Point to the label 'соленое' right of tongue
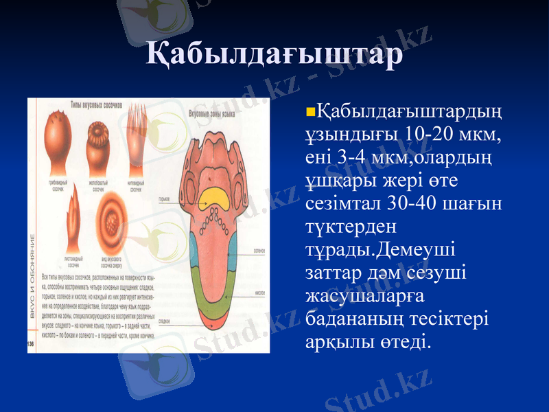click(x=260, y=251)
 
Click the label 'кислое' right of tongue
click(x=260, y=291)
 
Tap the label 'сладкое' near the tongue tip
click(x=164, y=320)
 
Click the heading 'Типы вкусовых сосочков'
click(x=97, y=106)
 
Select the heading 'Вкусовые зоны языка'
click(x=213, y=111)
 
